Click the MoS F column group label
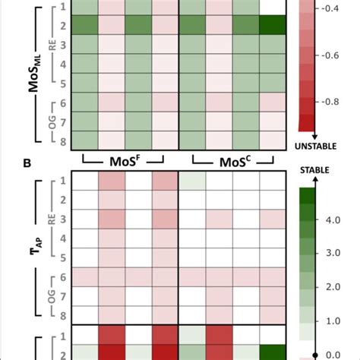(x=126, y=161)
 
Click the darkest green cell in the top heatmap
(x=272, y=25)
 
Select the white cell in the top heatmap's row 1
(x=272, y=6)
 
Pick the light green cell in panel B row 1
(x=192, y=181)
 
